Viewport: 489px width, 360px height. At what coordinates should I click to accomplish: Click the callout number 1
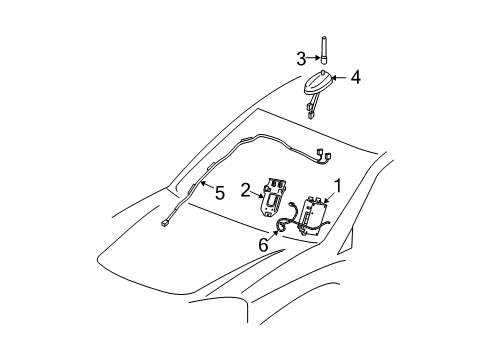coord(338,184)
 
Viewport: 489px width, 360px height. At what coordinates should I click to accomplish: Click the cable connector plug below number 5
coord(162,254)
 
